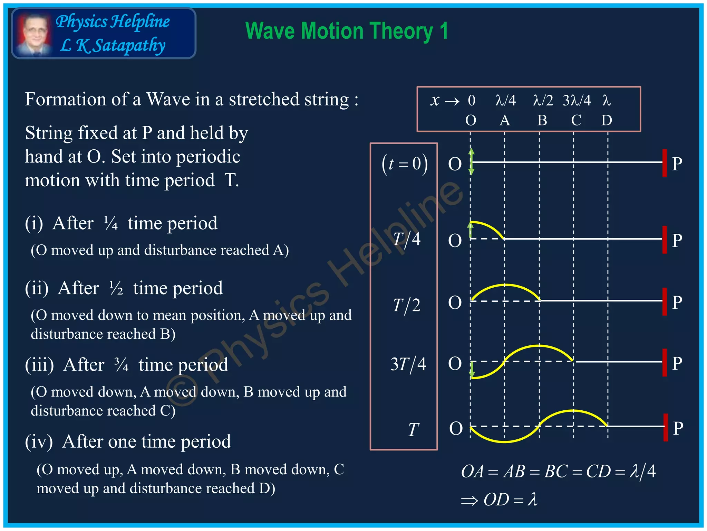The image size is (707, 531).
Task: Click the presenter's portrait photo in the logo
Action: pyautogui.click(x=33, y=34)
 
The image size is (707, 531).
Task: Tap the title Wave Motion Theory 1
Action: pyautogui.click(x=347, y=31)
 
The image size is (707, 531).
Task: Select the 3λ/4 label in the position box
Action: pyautogui.click(x=577, y=101)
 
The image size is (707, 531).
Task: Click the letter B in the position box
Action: pyautogui.click(x=542, y=120)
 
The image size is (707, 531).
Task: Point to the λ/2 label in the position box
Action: pyautogui.click(x=543, y=101)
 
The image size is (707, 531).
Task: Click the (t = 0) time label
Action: pyautogui.click(x=405, y=164)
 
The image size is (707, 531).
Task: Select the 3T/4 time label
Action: pyautogui.click(x=408, y=364)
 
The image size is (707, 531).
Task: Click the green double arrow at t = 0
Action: pyautogui.click(x=472, y=161)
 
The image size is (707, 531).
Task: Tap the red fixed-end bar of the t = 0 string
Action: pyautogui.click(x=665, y=163)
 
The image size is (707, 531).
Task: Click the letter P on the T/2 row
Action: pyautogui.click(x=677, y=302)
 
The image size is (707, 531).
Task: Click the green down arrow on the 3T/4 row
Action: pyautogui.click(x=472, y=371)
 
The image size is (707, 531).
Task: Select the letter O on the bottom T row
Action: pyautogui.click(x=456, y=428)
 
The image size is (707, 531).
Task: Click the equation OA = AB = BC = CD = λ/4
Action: pyautogui.click(x=558, y=472)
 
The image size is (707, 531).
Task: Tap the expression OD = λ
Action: pyautogui.click(x=510, y=500)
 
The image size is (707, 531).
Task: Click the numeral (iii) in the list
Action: pyautogui.click(x=39, y=365)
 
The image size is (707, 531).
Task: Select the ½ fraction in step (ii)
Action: pyautogui.click(x=116, y=288)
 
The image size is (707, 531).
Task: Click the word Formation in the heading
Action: pyautogui.click(x=65, y=100)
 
